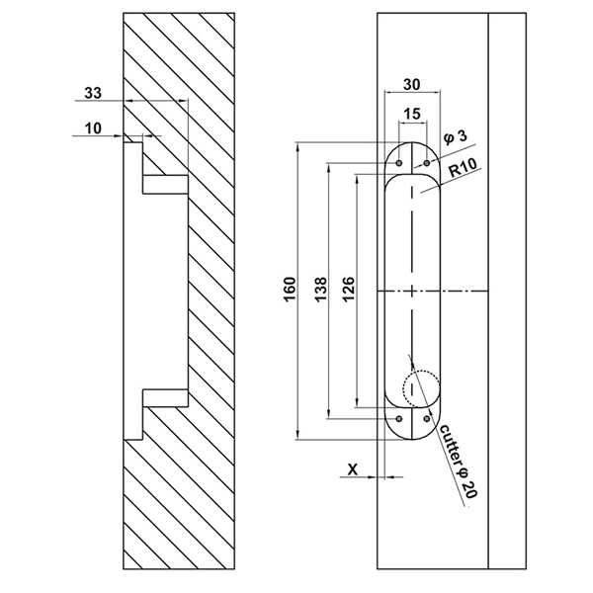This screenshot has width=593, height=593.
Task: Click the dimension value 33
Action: (92, 93)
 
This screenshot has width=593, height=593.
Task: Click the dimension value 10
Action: (92, 127)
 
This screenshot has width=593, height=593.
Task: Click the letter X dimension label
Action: (353, 470)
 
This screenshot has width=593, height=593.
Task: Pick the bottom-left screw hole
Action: (398, 419)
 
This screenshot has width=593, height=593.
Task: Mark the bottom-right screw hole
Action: (426, 419)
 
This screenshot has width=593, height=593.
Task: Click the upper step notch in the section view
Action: (164, 184)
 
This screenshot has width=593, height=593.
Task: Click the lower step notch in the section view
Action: (164, 398)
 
